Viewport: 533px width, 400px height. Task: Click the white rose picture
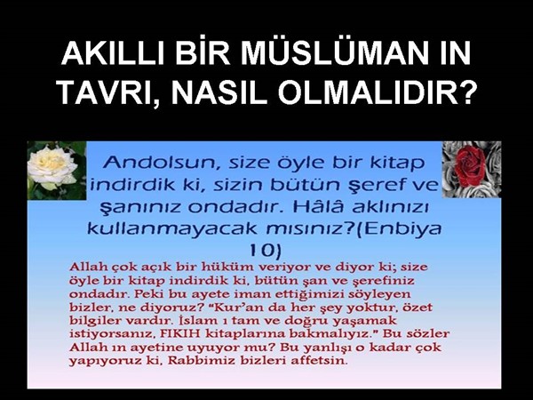pyautogui.click(x=57, y=170)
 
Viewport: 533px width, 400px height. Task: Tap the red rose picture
pyautogui.click(x=472, y=170)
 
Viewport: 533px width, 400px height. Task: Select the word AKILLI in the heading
pyautogui.click(x=114, y=53)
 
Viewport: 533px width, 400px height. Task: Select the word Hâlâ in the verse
pyautogui.click(x=317, y=206)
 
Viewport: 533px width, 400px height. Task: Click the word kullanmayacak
pyautogui.click(x=172, y=228)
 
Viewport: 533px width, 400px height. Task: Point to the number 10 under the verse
pyautogui.click(x=266, y=251)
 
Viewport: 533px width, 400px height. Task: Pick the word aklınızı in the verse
pyautogui.click(x=390, y=206)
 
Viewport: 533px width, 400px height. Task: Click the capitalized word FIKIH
pyautogui.click(x=180, y=333)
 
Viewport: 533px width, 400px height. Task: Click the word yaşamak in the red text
pyautogui.click(x=364, y=321)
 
